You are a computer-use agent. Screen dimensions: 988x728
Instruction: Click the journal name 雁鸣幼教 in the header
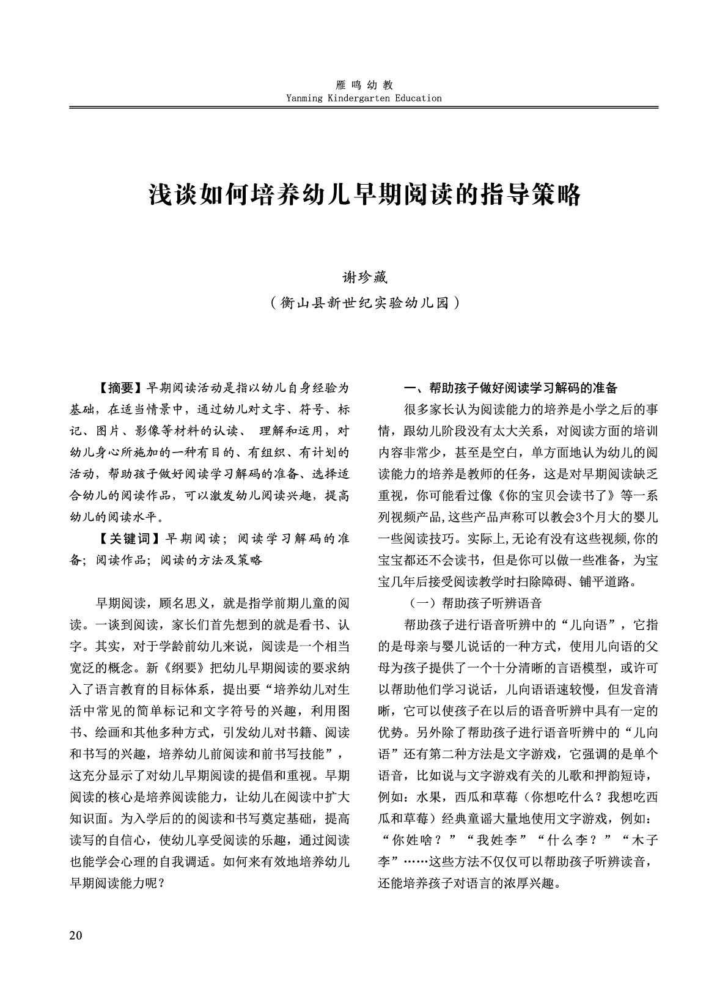point(364,86)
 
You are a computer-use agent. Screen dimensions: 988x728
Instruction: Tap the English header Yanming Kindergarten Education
point(364,98)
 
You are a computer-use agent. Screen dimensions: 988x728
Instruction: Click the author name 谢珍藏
point(364,276)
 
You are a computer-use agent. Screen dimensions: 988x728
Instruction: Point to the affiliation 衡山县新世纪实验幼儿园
point(364,302)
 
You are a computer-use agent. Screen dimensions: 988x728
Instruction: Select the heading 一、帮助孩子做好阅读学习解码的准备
point(511,388)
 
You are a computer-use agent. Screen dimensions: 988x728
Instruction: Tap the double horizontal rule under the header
point(364,108)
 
